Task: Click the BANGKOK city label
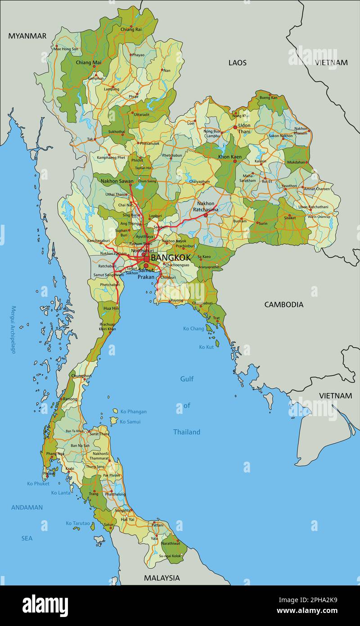(x=171, y=258)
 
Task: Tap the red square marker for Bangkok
(x=146, y=259)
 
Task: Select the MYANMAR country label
(x=27, y=36)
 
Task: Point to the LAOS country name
(x=237, y=63)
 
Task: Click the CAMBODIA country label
(x=283, y=304)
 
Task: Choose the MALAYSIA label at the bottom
(x=162, y=578)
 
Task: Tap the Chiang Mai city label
(x=89, y=63)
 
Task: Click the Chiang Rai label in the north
(x=131, y=30)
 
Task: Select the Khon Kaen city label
(x=229, y=157)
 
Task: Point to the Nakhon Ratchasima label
(x=206, y=206)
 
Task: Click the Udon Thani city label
(x=244, y=128)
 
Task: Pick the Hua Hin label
(x=111, y=308)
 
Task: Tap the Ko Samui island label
(x=130, y=422)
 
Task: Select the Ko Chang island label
(x=193, y=329)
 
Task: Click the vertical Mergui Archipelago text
(x=13, y=330)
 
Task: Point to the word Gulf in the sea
(x=187, y=379)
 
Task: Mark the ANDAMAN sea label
(x=27, y=508)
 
